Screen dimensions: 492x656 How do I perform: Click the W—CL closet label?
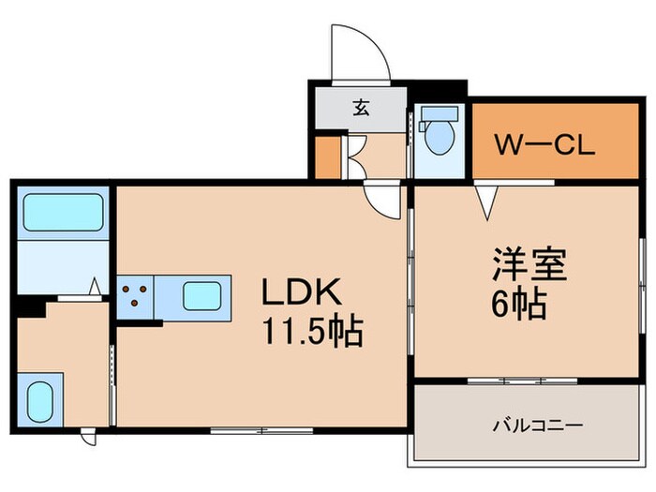click(544, 146)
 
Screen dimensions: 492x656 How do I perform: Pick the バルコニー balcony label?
click(538, 425)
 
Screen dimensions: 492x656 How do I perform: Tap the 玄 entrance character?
click(361, 107)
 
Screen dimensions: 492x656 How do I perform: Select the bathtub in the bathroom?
click(63, 214)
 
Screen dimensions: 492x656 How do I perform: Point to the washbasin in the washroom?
click(39, 401)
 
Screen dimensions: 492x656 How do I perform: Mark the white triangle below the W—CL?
click(487, 200)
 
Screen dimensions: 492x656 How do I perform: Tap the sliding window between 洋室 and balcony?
click(522, 380)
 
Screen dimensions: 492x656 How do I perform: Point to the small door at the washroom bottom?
click(87, 437)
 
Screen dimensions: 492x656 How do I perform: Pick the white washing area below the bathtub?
click(63, 267)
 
